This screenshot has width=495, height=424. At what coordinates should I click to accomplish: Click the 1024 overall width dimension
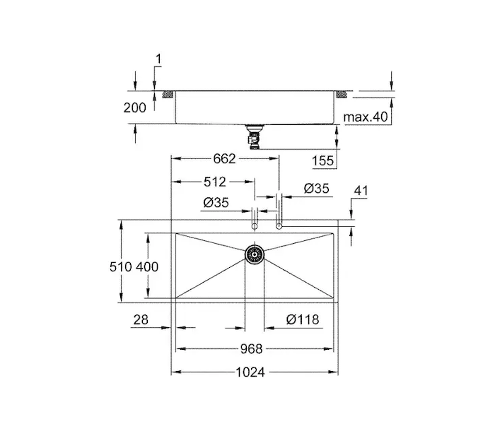250,372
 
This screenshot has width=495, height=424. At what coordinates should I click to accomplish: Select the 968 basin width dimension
251,349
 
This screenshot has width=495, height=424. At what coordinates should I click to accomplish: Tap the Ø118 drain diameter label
303,319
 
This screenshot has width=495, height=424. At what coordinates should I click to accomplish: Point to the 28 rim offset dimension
141,320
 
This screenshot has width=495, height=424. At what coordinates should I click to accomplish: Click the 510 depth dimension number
121,267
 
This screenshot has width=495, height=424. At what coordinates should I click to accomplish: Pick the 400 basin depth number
147,267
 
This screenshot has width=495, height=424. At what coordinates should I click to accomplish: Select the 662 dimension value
224,159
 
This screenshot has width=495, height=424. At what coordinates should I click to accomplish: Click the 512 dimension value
215,182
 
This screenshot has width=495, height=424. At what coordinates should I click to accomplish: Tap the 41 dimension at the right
361,191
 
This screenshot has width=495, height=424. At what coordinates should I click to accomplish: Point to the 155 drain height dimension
322,161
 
